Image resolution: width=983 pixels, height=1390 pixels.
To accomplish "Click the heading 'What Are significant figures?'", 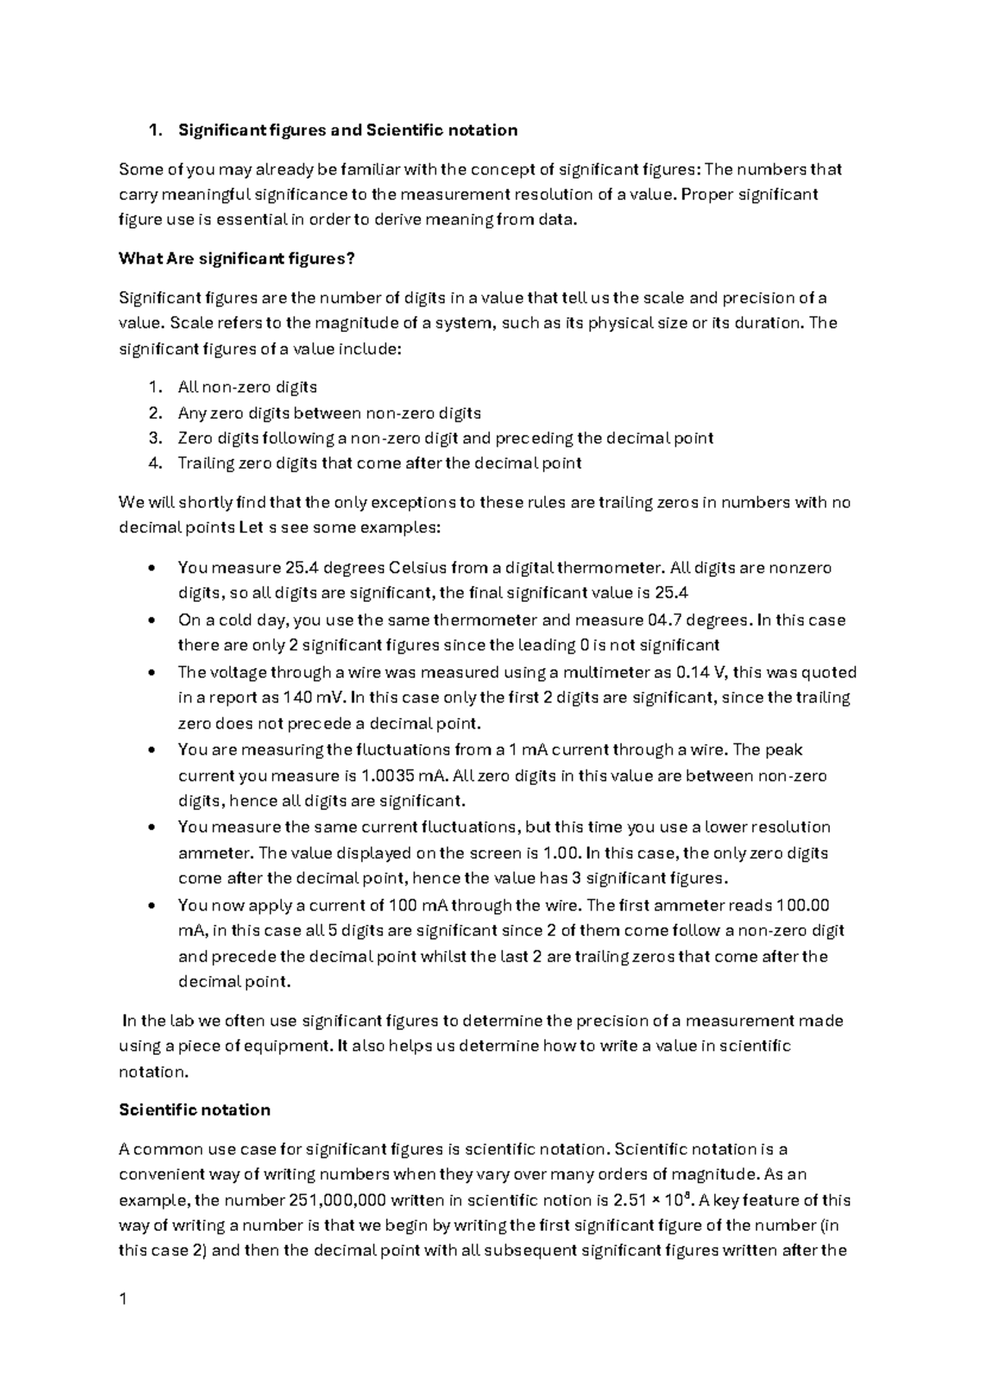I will pyautogui.click(x=237, y=259).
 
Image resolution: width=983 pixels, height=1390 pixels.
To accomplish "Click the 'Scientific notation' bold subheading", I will pyautogui.click(x=194, y=1110).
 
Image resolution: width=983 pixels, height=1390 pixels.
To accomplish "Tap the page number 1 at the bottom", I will pyautogui.click(x=123, y=1298).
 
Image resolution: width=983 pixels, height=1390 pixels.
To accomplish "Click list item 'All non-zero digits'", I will pyautogui.click(x=247, y=387).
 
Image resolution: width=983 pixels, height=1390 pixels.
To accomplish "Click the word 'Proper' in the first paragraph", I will pyautogui.click(x=705, y=194).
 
